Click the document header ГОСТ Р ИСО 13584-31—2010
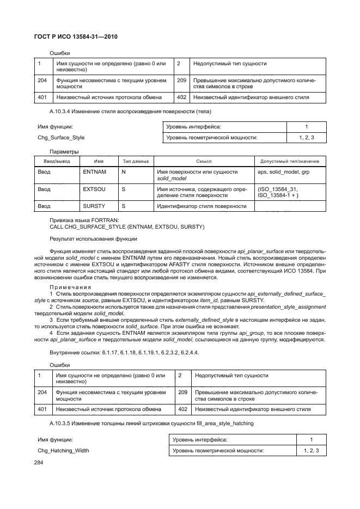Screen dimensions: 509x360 click(76, 36)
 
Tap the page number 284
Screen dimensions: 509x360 click(41, 462)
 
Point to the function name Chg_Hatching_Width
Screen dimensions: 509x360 click(63, 450)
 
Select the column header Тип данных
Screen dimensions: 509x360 click(136, 161)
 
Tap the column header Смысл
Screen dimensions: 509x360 click(204, 161)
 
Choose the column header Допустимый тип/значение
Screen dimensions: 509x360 click(290, 161)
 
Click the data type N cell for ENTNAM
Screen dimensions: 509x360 click(124, 171)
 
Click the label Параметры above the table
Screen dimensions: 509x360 click(64, 151)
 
